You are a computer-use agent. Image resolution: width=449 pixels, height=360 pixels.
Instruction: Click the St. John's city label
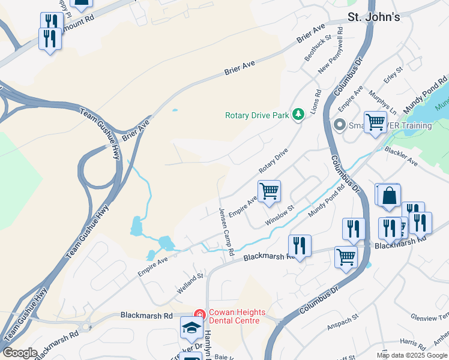click(x=374, y=17)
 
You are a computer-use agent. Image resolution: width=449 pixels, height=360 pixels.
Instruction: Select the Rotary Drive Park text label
click(x=257, y=115)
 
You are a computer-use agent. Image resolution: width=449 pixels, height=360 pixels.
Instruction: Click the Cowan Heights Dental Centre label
click(x=234, y=316)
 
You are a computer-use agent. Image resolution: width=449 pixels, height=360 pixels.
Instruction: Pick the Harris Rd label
click(x=413, y=342)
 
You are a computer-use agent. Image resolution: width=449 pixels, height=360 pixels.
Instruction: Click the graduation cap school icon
click(x=191, y=328)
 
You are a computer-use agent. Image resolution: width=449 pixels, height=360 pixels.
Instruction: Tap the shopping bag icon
click(x=389, y=196)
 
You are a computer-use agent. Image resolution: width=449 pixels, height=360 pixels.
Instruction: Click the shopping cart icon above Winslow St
click(x=270, y=191)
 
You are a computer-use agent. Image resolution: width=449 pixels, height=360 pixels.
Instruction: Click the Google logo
click(x=20, y=353)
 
